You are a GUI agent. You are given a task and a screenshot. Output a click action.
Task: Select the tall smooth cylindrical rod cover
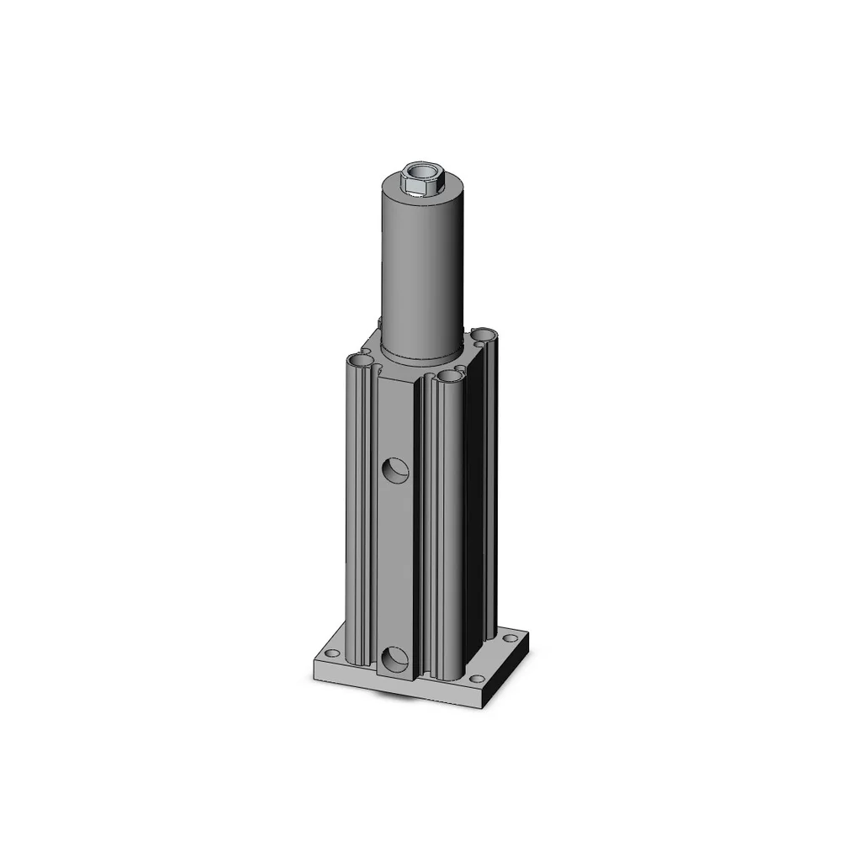(422, 269)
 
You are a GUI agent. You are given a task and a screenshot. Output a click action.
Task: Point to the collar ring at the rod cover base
(422, 353)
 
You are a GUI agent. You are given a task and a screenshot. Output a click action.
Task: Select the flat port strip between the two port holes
(395, 563)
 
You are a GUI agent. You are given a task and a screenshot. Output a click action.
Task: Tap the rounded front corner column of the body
(447, 521)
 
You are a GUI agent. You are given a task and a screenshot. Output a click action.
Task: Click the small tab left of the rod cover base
(380, 323)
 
